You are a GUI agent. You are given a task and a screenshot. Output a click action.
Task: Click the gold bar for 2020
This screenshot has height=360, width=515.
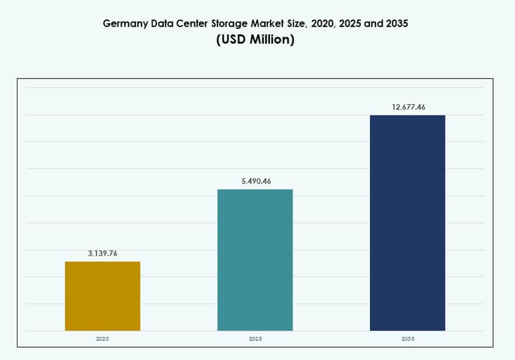point(102,296)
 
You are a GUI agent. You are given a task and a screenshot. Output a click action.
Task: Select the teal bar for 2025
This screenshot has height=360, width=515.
point(255,259)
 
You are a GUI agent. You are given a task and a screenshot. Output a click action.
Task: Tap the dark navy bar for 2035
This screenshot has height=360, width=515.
point(407,223)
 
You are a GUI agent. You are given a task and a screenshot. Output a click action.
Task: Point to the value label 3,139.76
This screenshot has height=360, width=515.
point(102,254)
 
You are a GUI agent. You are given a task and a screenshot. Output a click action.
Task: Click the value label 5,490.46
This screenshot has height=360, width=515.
point(256,181)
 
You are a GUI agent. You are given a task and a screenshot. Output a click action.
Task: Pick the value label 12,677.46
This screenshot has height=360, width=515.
point(408,107)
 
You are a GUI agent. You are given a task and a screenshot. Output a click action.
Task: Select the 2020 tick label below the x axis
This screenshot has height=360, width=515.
point(102,339)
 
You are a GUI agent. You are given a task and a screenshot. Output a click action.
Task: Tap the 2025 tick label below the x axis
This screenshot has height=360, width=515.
point(255,339)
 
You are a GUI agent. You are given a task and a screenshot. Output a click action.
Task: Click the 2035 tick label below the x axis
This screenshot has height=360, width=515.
point(407,339)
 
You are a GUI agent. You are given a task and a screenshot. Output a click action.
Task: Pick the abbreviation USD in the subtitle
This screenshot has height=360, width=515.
point(233,41)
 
